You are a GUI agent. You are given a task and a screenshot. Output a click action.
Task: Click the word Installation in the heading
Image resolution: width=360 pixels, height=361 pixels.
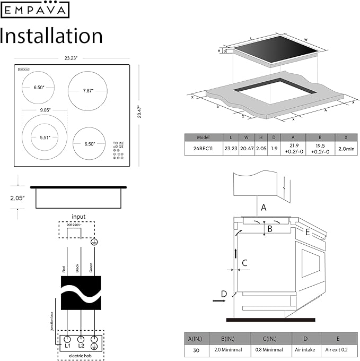point(51,36)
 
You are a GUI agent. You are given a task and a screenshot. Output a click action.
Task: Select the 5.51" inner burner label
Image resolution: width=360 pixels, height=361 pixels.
point(44,137)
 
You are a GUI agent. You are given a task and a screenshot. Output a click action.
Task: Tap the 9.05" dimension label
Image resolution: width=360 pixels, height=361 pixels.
point(44,110)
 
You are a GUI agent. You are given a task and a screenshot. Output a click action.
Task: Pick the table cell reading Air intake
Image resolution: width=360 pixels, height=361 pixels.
point(306,351)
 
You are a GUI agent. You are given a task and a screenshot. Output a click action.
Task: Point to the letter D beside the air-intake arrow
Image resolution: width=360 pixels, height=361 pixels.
point(224,294)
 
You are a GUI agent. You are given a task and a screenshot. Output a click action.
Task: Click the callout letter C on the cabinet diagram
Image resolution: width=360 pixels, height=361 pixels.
point(244,262)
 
